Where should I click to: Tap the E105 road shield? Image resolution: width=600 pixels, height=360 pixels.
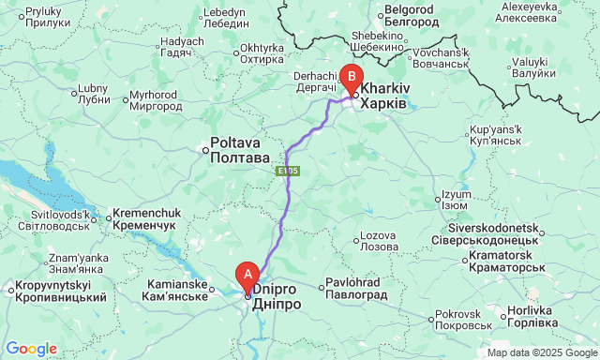pos(289,172)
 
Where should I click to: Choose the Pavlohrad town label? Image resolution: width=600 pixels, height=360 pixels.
pos(357,289)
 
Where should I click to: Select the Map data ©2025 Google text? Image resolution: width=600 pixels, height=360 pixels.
pos(541,353)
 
